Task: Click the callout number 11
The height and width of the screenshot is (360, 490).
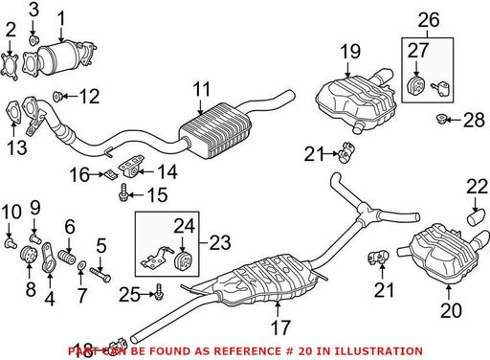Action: coord(202,89)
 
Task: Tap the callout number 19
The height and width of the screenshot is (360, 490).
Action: coord(350,52)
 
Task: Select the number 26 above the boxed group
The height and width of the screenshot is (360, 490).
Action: coord(429,20)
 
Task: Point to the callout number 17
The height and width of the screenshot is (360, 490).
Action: coord(280,327)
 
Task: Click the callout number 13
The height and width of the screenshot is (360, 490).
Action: coord(16,147)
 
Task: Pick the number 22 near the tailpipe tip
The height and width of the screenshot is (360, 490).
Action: coord(478,187)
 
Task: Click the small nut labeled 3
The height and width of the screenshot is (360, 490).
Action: coord(33,40)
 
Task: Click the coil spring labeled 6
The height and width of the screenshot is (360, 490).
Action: coord(67,257)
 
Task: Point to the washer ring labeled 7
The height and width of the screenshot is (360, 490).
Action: coord(81,265)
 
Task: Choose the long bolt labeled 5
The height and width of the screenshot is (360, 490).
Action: coord(100,274)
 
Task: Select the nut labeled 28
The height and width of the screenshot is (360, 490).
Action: coord(441,119)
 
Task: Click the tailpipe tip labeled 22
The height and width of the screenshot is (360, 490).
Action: coord(477,217)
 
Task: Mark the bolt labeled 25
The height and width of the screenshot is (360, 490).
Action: coord(159,293)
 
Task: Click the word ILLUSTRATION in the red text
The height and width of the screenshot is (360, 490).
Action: coord(370,351)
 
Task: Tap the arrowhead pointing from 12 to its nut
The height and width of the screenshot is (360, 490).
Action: coord(62,96)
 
